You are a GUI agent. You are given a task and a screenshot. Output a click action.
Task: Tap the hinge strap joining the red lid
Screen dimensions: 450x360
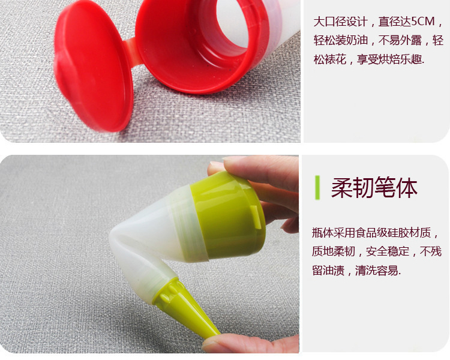tap(133, 52)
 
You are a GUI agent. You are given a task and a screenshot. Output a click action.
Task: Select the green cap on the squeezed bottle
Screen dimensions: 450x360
tap(228, 216)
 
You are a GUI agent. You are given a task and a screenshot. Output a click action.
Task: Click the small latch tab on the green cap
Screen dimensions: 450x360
tap(256, 217)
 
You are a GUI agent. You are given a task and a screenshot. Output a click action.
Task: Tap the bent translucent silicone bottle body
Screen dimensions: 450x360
tap(152, 244)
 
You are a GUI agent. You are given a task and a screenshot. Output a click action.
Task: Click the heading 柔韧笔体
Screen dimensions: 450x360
tap(374, 187)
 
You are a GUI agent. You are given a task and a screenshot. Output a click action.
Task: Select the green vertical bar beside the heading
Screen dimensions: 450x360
tap(317, 187)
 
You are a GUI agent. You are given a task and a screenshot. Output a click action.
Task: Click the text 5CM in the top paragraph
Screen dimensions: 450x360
tap(423, 22)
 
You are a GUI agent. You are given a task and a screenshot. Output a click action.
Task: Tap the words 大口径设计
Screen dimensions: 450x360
tap(340, 22)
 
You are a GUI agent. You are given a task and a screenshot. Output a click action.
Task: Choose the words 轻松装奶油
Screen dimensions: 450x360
tap(340, 40)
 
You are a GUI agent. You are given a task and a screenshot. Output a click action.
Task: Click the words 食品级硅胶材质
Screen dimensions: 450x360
tap(393, 233)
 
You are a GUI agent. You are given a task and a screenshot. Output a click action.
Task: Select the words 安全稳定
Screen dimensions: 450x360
tap(388, 251)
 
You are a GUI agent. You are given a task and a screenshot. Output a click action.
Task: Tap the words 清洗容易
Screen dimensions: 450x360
tap(377, 271)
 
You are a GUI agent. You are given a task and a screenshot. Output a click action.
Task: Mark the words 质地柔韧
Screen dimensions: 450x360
tap(334, 251)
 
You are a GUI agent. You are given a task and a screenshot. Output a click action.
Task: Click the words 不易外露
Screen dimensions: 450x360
tap(400, 40)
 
